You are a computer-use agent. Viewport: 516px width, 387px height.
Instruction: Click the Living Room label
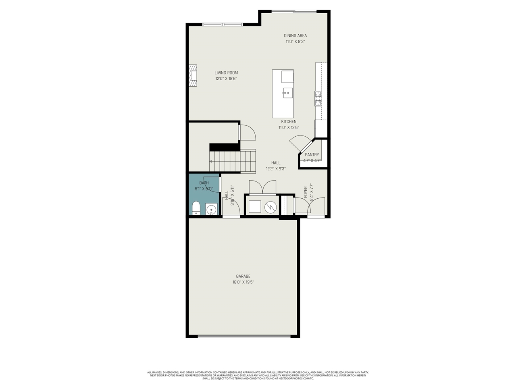tap(226, 73)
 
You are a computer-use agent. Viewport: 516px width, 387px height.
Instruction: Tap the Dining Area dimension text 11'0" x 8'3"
tap(295, 42)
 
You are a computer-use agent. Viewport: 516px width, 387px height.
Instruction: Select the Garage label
tap(243, 276)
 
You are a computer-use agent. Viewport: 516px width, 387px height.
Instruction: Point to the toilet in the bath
tap(196, 208)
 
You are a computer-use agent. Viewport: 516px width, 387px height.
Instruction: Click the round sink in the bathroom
tap(211, 210)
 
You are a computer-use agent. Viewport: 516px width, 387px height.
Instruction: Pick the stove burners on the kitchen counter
tap(318, 98)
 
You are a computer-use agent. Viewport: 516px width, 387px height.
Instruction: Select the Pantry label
tap(312, 154)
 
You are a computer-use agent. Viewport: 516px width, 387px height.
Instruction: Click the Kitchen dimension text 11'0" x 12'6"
tap(289, 127)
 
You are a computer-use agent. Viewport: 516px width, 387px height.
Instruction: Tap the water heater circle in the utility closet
tap(270, 207)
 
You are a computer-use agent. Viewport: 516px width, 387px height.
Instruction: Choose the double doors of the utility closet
tap(262, 188)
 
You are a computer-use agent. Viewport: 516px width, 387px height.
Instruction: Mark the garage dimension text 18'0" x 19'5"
tap(243, 282)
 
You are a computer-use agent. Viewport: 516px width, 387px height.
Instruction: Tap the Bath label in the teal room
tap(204, 183)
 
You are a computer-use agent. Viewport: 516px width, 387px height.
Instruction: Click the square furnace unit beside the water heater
tap(255, 207)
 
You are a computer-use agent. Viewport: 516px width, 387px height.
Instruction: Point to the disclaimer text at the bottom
tap(258, 375)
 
